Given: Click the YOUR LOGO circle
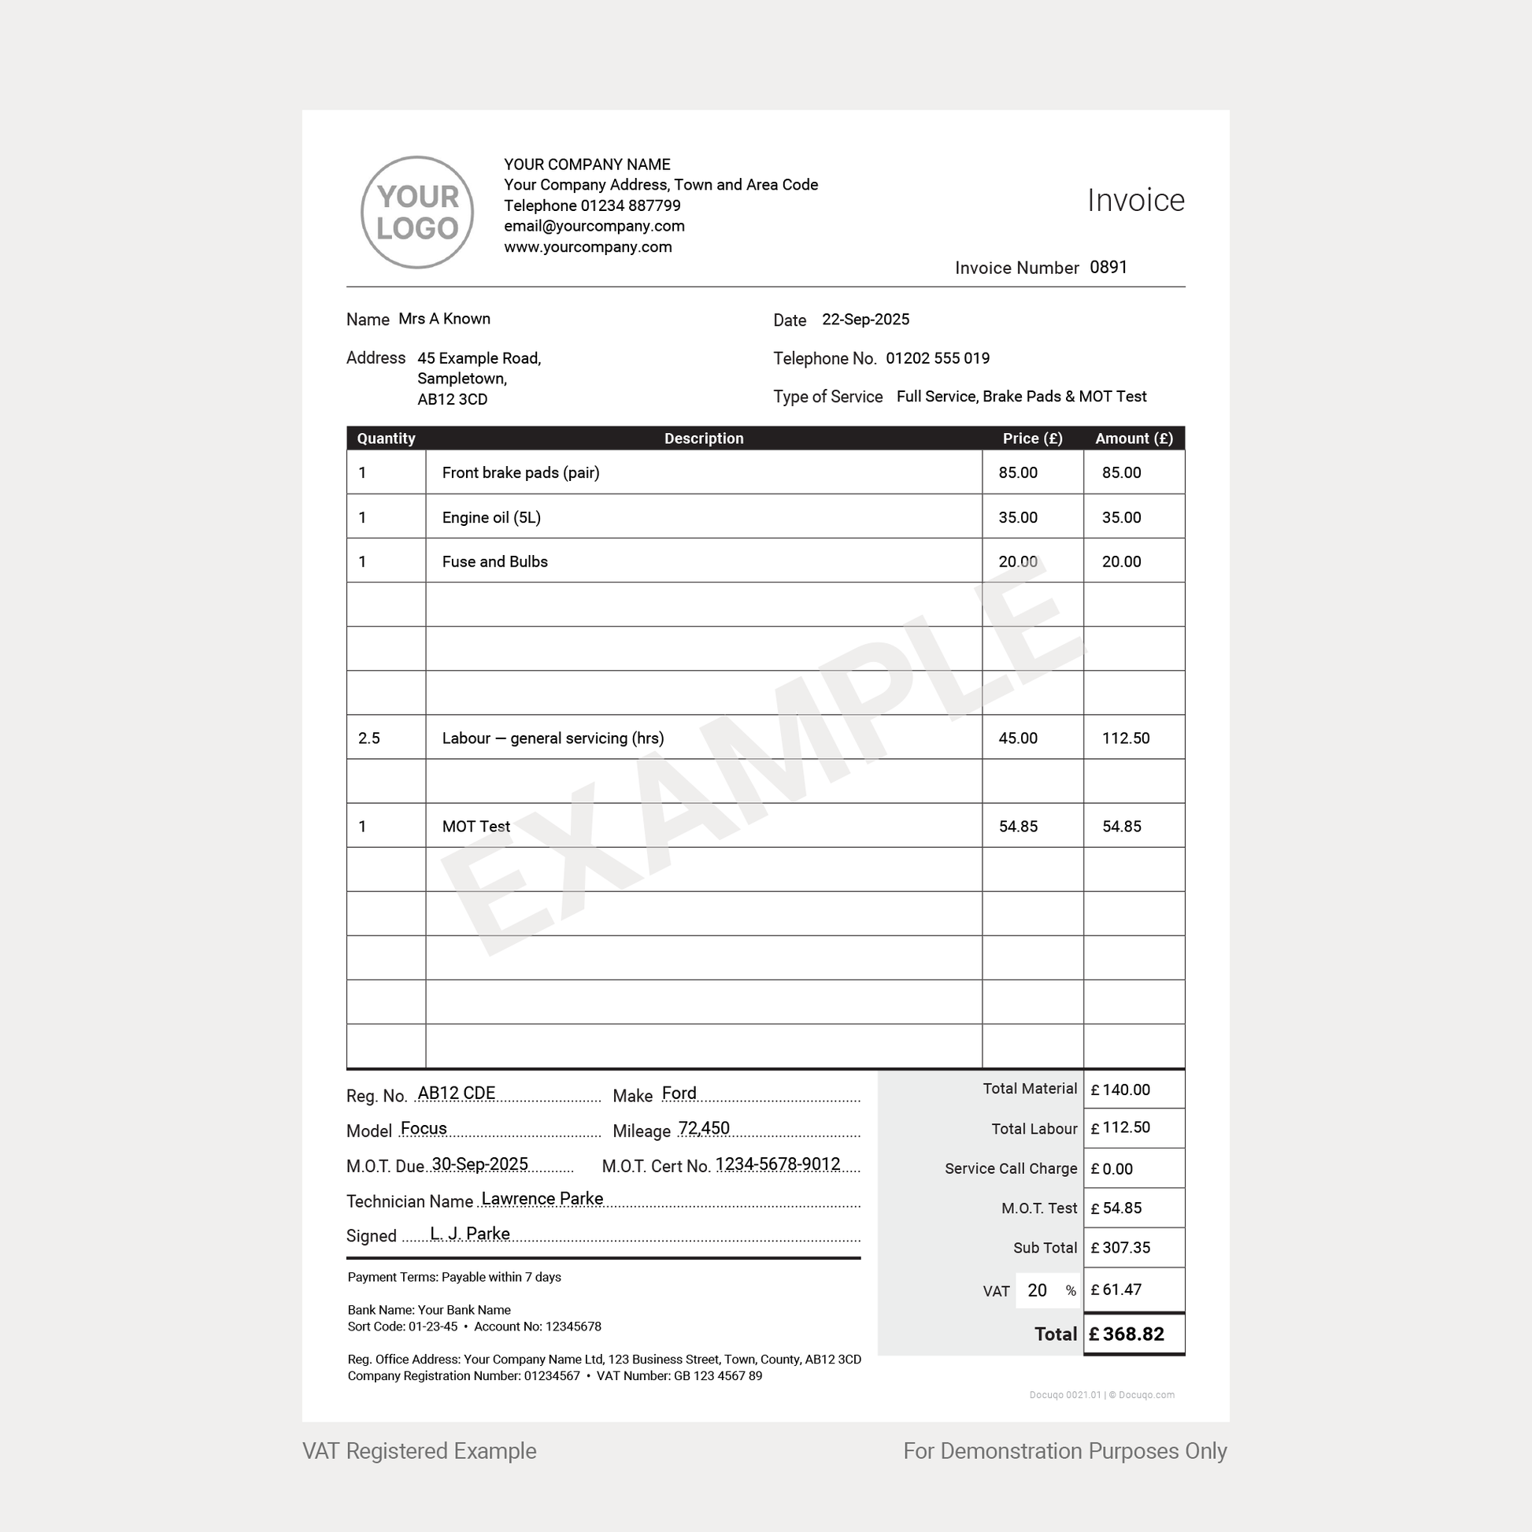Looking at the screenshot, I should point(417,213).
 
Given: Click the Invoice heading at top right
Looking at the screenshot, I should point(1134,201).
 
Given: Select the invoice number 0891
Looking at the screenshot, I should point(1108,267).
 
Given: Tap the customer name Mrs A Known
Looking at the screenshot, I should point(444,319).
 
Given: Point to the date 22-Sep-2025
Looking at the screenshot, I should point(865,320).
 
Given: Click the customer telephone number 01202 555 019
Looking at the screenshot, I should point(938,358).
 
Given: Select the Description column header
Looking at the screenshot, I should point(703,439).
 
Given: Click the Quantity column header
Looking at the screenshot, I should point(386,439).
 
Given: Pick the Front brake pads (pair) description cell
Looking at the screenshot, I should point(520,472).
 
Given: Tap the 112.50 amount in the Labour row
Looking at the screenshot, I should point(1125,738).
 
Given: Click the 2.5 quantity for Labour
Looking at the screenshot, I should point(368,738).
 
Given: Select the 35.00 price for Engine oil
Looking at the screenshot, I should point(1017,518).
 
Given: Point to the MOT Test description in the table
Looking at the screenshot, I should point(476,827).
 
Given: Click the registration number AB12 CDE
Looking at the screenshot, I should point(456,1093).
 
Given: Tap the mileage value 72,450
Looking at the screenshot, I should point(703,1128).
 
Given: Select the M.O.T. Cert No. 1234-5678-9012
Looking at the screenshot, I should point(777,1164).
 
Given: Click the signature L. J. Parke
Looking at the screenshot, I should point(469,1234).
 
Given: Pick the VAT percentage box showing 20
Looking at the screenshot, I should point(1037,1291).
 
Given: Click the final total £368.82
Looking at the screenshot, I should point(1133,1334).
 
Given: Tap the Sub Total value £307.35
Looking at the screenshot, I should point(1125,1248).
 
